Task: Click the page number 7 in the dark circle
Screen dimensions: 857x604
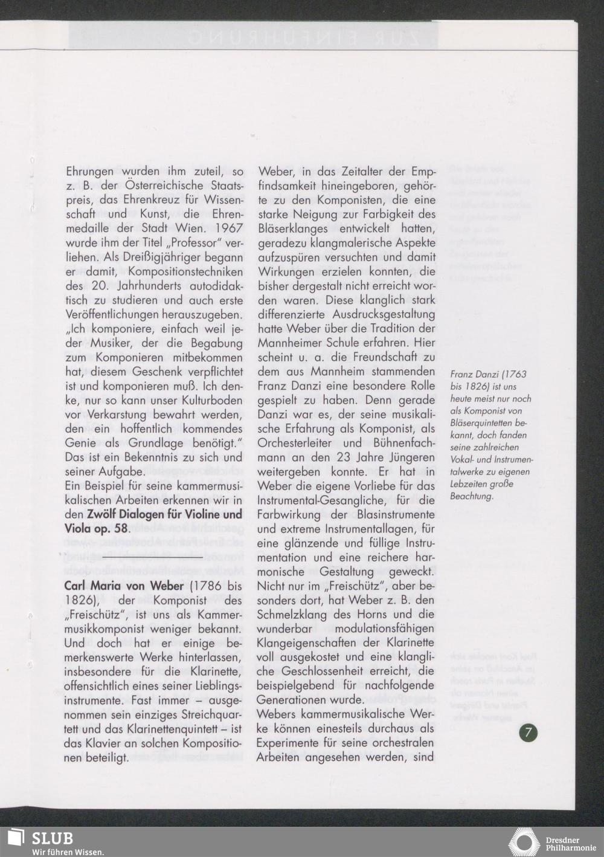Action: [528, 732]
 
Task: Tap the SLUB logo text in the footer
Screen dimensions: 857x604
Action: [52, 838]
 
